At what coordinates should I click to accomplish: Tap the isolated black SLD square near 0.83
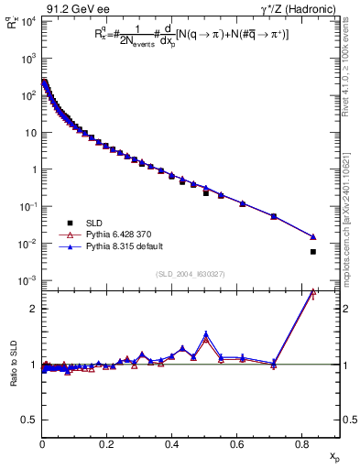[313, 252]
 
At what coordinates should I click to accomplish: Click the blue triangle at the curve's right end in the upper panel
[313, 237]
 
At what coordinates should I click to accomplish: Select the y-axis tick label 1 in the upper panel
[33, 169]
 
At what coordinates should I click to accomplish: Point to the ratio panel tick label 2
[33, 309]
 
